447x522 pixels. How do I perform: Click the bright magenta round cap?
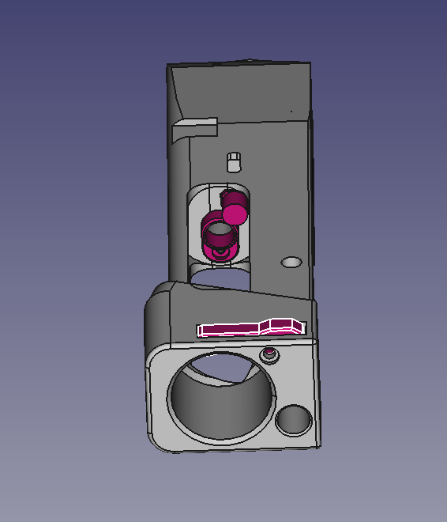(235, 213)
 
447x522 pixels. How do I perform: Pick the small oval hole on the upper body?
(291, 261)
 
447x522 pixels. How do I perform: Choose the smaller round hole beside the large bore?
(294, 420)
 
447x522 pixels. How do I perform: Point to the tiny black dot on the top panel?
(291, 111)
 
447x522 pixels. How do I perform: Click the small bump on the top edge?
(250, 60)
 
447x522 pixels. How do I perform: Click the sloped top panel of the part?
(245, 91)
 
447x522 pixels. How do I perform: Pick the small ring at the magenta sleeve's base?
(219, 252)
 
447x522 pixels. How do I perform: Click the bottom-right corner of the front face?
(318, 445)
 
